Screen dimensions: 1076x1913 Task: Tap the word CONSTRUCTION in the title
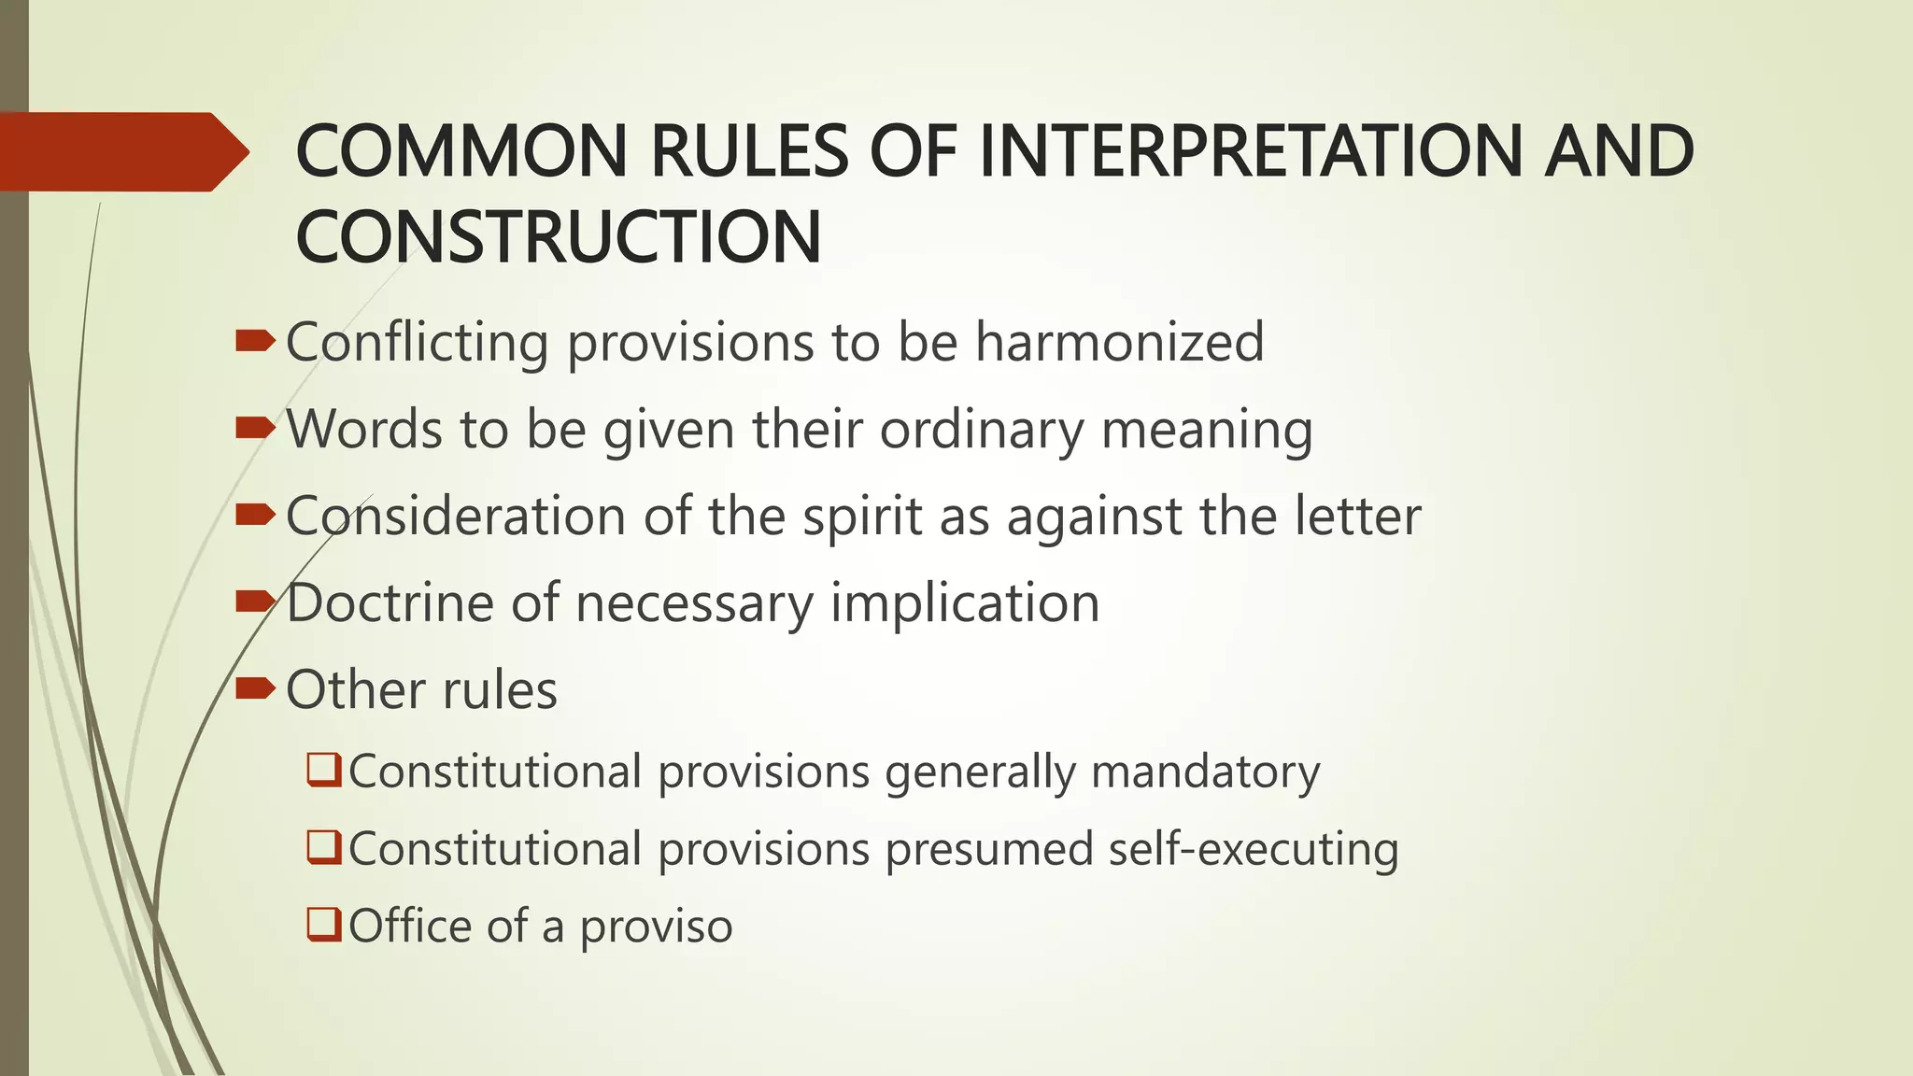click(558, 237)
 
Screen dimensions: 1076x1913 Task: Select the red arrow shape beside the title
click(121, 151)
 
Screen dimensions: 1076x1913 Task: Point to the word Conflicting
click(417, 342)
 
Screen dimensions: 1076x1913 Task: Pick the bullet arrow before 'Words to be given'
click(255, 429)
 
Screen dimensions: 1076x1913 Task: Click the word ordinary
click(980, 430)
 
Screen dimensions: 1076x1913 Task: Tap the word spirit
click(862, 517)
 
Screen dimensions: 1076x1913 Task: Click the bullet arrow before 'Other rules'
click(255, 689)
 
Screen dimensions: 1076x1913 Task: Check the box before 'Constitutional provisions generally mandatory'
click(323, 771)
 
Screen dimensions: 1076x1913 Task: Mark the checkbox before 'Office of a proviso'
click(323, 926)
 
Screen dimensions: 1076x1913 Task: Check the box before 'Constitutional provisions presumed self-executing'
click(323, 848)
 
